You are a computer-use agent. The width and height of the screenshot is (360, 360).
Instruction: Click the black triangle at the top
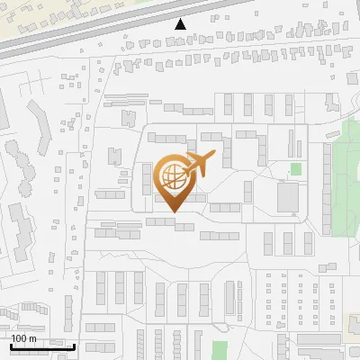[181, 24]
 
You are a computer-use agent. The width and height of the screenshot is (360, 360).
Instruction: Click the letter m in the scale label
[33, 338]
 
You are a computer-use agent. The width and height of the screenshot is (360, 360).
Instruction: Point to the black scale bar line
[42, 346]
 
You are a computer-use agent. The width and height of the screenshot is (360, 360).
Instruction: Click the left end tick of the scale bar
[11, 345]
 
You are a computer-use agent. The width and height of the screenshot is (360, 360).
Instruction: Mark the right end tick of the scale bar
[74, 345]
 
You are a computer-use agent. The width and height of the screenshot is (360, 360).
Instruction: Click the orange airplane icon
[197, 164]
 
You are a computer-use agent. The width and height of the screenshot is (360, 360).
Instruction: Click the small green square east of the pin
[296, 168]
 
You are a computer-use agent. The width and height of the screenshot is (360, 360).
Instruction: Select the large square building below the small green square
[289, 197]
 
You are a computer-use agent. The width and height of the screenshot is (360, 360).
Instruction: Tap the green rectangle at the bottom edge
[220, 349]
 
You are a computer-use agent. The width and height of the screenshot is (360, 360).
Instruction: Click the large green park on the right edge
[346, 180]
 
